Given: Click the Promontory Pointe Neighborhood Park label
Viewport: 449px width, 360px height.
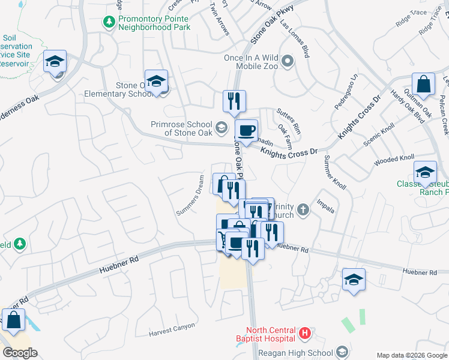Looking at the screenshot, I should pos(154,23).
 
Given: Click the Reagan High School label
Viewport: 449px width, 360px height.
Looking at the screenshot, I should pos(304,352).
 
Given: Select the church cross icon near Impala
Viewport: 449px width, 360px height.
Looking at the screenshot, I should pos(304,210).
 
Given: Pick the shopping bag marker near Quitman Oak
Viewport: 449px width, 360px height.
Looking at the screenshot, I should pos(423,85).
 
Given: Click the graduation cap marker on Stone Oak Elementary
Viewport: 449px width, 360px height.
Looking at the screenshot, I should pos(156,81).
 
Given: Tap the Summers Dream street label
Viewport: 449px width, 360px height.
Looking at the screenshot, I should pos(194,196).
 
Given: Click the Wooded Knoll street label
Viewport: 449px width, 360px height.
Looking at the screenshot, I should pos(394,161).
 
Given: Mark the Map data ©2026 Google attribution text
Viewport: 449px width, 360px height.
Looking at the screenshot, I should pos(411,355).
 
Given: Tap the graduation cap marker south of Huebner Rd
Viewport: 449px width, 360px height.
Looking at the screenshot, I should pos(354,279).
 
